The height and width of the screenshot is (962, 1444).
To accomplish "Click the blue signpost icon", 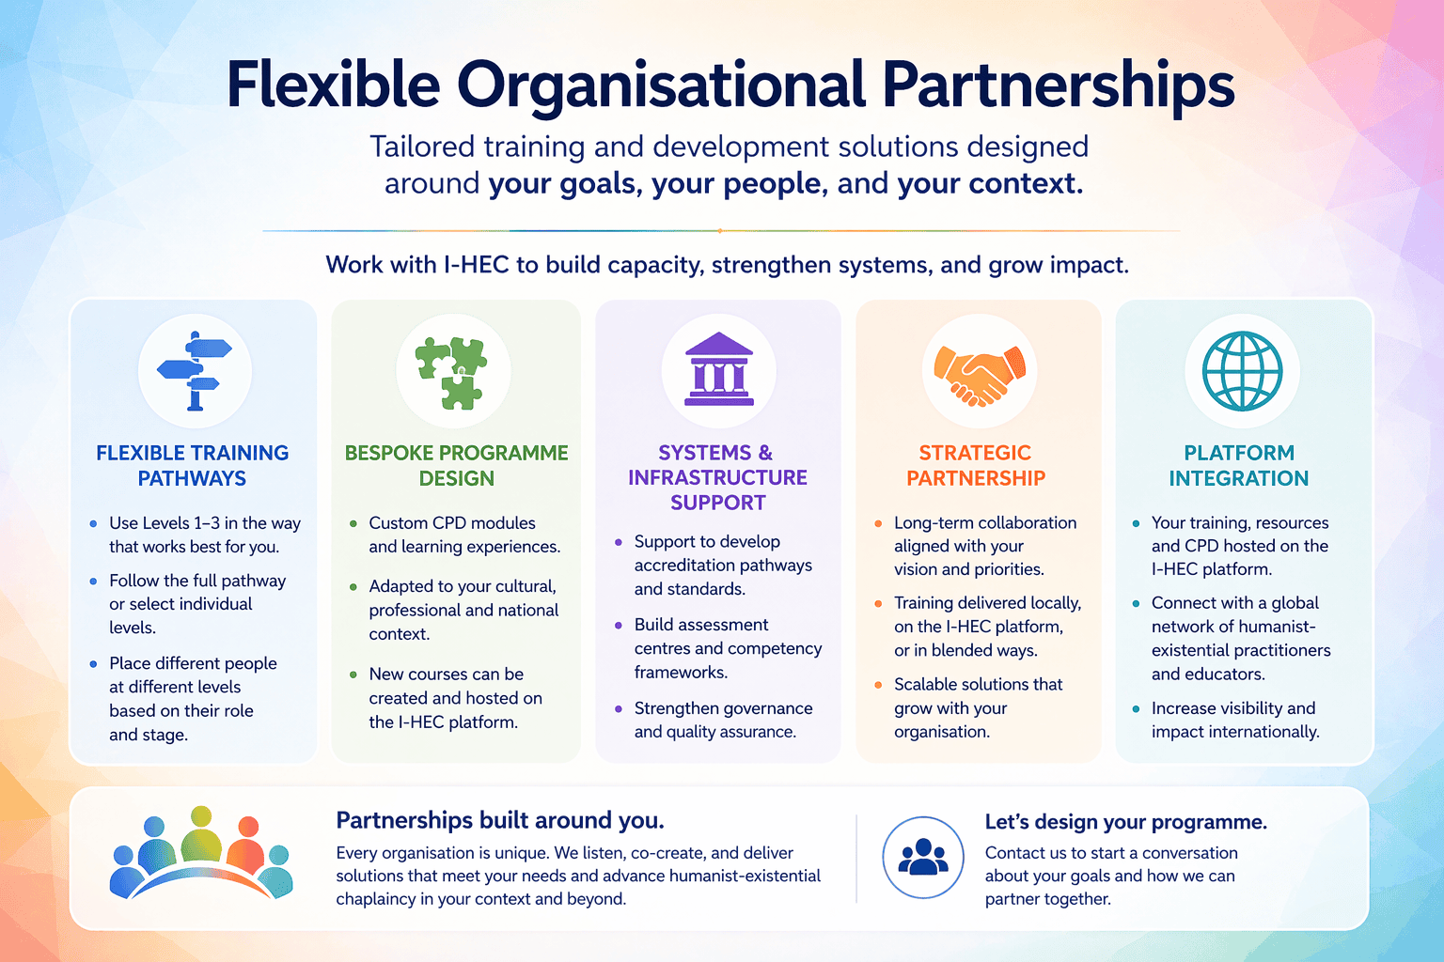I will click(x=195, y=371).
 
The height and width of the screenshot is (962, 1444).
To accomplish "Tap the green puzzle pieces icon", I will click(x=453, y=372).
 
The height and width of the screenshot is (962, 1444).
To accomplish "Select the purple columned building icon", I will click(x=719, y=369).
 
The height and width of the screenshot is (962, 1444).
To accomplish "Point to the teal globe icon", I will click(x=1242, y=371).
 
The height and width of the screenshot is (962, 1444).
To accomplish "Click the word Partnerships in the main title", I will click(x=1058, y=85).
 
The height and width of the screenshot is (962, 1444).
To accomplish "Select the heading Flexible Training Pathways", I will click(x=193, y=466).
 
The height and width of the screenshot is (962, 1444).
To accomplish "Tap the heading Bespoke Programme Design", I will click(x=457, y=466).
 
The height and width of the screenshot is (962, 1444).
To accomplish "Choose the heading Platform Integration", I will click(x=1239, y=466).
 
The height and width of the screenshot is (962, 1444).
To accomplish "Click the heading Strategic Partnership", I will click(x=976, y=466).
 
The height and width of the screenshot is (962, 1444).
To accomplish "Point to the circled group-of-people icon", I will click(x=923, y=858).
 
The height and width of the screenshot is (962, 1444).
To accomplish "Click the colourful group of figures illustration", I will click(x=201, y=853).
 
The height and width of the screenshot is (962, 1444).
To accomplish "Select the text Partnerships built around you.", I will click(x=500, y=821).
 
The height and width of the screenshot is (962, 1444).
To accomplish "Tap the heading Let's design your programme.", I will click(x=1125, y=823).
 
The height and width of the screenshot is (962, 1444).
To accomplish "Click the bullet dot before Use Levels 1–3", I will click(x=93, y=524).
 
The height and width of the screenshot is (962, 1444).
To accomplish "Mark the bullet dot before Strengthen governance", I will click(x=618, y=709).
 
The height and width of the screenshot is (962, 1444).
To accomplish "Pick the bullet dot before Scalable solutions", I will click(x=878, y=685).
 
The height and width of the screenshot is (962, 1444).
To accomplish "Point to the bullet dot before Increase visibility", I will click(x=1136, y=709).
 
